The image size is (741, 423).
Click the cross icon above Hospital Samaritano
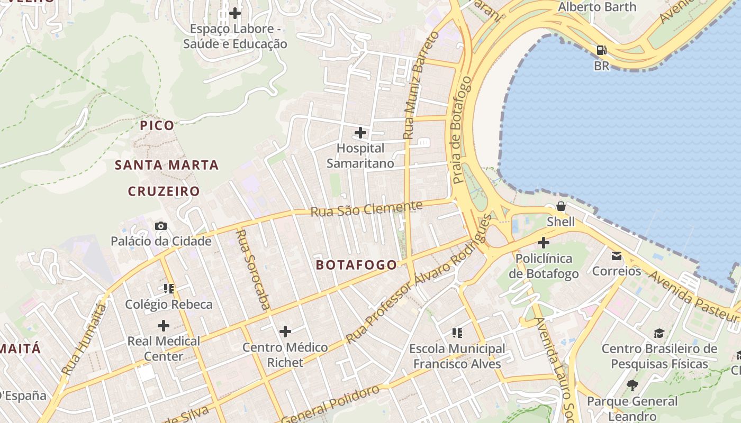click(x=360, y=132)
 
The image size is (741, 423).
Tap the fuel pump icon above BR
click(x=602, y=51)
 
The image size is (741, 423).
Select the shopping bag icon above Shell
click(x=561, y=206)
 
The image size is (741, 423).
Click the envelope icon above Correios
click(x=617, y=256)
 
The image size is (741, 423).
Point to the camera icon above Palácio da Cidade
click(x=161, y=226)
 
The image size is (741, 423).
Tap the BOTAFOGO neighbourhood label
click(x=356, y=265)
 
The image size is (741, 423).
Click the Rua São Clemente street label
click(x=366, y=208)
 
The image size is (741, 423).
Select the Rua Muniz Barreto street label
click(x=420, y=85)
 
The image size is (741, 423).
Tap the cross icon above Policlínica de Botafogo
click(x=544, y=243)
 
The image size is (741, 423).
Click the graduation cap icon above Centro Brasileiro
click(x=659, y=333)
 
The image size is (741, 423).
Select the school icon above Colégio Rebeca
click(x=169, y=289)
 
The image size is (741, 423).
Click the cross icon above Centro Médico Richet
click(x=285, y=332)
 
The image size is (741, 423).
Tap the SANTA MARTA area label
click(x=167, y=165)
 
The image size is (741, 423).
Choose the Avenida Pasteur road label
click(x=693, y=296)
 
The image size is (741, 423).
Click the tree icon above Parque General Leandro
click(x=632, y=385)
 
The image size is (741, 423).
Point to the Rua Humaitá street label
click(x=84, y=338)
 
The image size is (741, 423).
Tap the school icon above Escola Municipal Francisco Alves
click(x=457, y=333)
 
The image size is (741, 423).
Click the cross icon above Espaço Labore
click(x=235, y=13)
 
